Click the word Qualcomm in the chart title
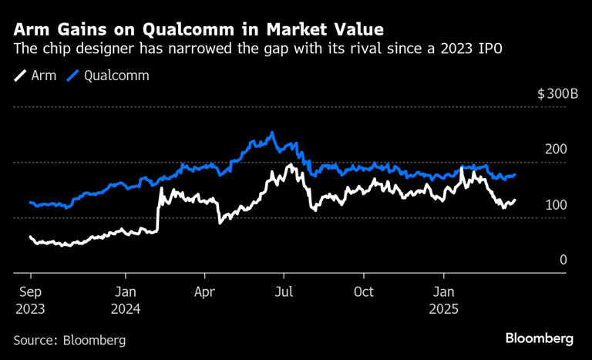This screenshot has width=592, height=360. click(178, 29)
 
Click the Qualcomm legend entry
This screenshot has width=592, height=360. click(107, 76)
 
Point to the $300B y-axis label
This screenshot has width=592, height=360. click(552, 94)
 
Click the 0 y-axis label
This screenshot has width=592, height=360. click(563, 260)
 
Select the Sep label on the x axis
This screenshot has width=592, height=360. click(31, 292)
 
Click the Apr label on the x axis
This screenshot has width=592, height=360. click(204, 292)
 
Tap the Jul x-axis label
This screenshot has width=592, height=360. click(284, 292)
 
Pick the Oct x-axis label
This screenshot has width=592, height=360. click(363, 292)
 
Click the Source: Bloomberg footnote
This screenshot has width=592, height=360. click(69, 339)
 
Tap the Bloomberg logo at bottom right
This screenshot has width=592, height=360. click(539, 338)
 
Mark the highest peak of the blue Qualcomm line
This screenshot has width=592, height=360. click(271, 133)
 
